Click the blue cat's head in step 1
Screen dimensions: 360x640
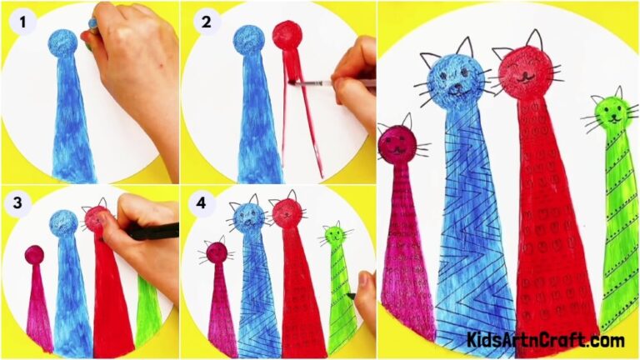click(x=63, y=42)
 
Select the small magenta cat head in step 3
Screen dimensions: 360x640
click(x=34, y=254)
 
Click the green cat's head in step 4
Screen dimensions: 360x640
click(x=334, y=237)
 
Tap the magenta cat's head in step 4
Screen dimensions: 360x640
click(x=217, y=251)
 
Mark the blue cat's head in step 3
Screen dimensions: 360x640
click(x=63, y=222)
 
